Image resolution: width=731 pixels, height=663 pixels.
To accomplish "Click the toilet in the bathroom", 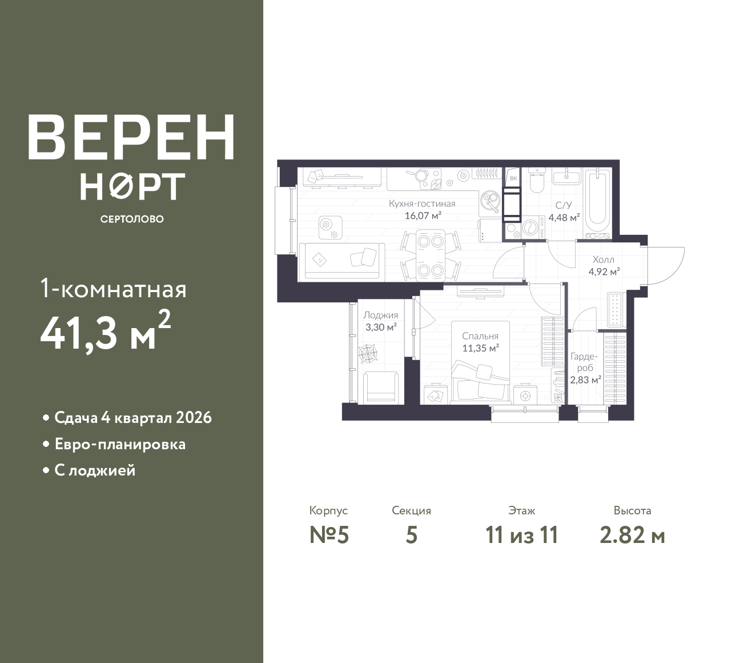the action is coord(536,180).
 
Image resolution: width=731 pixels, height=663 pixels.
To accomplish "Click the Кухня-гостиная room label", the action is coord(422,203).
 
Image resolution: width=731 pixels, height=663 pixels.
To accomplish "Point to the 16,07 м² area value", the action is coord(423,215).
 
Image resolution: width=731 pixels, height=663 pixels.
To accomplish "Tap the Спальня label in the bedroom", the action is coord(480,336).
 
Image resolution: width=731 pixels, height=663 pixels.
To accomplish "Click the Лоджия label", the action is coord(381,315).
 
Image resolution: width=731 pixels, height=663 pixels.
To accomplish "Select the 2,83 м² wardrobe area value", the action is coord(585,380).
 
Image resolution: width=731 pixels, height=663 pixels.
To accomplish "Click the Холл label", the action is coord(604,259).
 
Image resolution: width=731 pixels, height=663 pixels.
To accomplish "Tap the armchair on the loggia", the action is coord(380,388).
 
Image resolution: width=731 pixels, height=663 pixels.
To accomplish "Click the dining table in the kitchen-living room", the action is coord(431,255).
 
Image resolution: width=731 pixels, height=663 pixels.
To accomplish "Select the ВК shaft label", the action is coord(513,179).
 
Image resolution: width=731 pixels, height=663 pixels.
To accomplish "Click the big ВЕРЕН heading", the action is coord(131,137).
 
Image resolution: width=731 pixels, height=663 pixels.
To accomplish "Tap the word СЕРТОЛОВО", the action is coord(132,219).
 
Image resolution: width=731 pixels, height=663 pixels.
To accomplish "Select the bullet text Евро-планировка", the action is coord(120,444).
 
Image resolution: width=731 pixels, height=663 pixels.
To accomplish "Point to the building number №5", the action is coord(330,536).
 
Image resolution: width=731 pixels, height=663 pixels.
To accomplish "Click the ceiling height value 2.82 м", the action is coord(632,536).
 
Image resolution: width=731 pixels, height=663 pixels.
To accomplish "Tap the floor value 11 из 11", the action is coord(522,536).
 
